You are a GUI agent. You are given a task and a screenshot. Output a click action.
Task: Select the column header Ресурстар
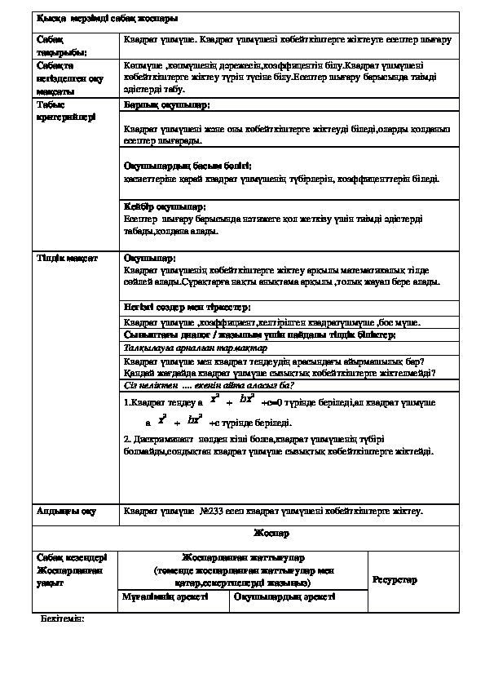point(395,579)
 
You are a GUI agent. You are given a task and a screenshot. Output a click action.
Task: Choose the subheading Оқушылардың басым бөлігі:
point(181,165)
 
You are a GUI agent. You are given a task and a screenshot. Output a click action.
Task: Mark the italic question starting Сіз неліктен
point(208,386)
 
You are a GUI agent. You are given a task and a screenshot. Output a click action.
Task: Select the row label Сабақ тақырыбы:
point(56,45)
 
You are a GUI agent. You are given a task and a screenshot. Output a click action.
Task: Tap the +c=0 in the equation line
point(275,403)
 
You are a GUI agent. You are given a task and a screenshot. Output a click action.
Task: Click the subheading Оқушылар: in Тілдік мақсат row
point(144,258)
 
